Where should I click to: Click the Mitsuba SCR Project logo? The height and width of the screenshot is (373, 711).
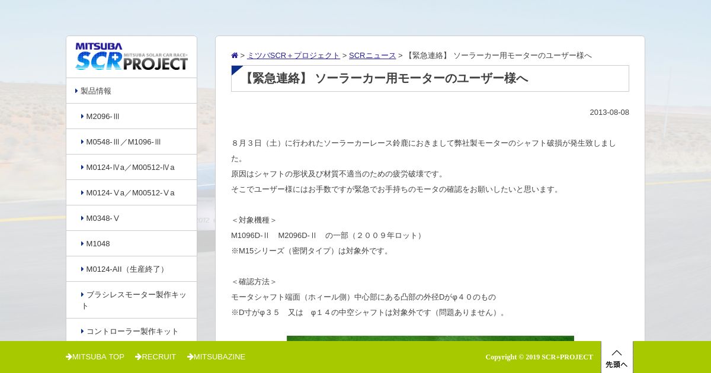click(132, 56)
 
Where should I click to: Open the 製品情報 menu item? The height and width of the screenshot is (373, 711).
click(95, 91)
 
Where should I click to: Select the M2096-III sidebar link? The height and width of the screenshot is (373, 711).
click(103, 117)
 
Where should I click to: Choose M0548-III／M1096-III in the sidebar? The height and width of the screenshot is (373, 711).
click(123, 142)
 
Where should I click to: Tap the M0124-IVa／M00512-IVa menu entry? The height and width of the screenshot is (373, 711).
click(130, 167)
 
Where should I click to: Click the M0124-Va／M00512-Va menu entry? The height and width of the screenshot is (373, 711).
click(130, 193)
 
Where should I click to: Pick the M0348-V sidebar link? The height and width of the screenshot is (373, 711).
click(103, 218)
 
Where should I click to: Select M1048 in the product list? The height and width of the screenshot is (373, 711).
click(98, 243)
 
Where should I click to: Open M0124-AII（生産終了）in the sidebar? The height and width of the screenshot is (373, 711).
click(126, 269)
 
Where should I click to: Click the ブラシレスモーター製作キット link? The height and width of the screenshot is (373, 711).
click(134, 300)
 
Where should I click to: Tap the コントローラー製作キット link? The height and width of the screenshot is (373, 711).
click(132, 332)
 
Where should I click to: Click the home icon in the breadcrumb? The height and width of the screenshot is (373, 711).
click(235, 56)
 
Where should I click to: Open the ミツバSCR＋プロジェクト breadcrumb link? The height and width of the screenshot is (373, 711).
click(293, 56)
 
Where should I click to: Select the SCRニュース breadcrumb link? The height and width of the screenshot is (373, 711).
click(372, 56)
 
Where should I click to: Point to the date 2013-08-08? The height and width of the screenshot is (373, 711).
click(609, 112)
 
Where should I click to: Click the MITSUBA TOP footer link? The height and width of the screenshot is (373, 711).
click(95, 357)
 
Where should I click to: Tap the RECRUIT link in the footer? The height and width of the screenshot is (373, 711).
click(155, 357)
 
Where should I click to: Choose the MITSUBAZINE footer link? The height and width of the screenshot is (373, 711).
click(216, 357)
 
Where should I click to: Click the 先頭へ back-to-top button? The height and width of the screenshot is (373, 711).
click(617, 358)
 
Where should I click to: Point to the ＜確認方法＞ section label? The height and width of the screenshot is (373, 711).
click(254, 282)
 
